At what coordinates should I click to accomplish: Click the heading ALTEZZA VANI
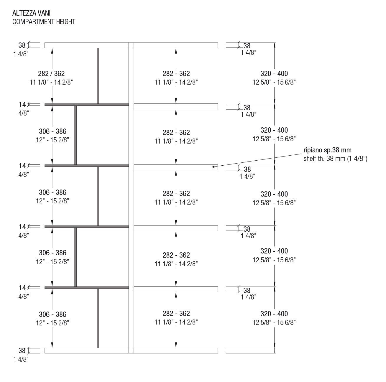click(29, 13)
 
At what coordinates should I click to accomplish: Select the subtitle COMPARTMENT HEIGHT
click(44, 22)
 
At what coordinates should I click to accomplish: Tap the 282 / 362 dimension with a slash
click(51, 73)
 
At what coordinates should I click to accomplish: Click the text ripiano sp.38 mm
click(327, 150)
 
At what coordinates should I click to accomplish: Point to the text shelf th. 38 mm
click(335, 159)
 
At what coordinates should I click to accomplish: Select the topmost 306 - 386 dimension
click(52, 131)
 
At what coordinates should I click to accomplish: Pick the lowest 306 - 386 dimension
click(52, 314)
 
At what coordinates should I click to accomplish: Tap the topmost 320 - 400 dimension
click(274, 73)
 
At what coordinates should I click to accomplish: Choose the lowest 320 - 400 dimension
click(274, 314)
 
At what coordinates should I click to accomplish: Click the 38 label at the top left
click(22, 45)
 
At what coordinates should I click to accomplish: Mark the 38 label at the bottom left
click(22, 351)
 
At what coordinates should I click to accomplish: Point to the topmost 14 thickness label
click(22, 104)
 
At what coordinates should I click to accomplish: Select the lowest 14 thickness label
click(22, 288)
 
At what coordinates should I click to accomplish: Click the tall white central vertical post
click(131, 197)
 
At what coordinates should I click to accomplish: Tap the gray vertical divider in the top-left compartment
click(98, 76)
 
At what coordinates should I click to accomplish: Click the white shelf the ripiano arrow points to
click(176, 167)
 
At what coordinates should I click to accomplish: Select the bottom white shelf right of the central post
click(176, 350)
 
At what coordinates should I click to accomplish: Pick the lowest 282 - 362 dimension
click(176, 313)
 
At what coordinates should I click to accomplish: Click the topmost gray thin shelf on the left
click(87, 105)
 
